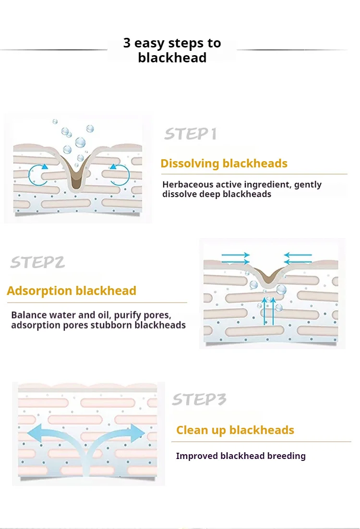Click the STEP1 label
coord(190,134)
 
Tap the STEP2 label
coord(37,262)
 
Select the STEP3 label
coord(199,399)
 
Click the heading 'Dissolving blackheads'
coord(224,164)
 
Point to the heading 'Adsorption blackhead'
coord(72,291)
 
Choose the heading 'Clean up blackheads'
coord(235,430)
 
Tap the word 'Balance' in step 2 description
coord(28,315)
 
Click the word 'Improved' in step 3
coord(197,456)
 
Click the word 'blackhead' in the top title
coord(172,58)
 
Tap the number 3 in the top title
coord(127,43)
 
